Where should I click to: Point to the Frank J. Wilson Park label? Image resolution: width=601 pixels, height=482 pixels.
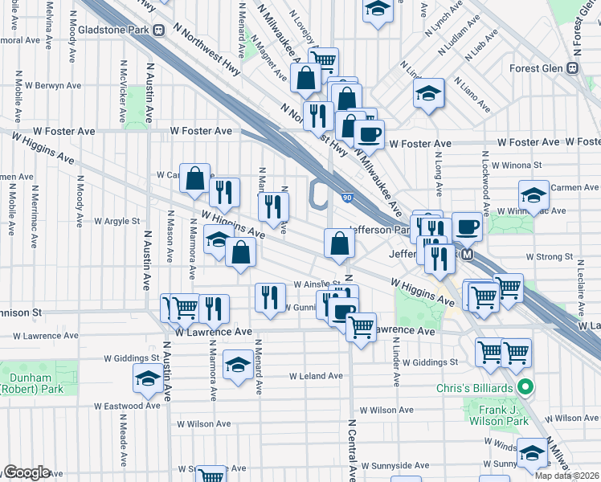click(x=499, y=415)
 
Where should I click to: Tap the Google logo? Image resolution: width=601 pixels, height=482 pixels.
click(x=26, y=472)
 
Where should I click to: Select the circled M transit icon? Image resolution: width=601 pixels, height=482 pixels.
click(x=468, y=254)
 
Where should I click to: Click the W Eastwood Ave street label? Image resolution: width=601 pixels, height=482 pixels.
click(x=127, y=406)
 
